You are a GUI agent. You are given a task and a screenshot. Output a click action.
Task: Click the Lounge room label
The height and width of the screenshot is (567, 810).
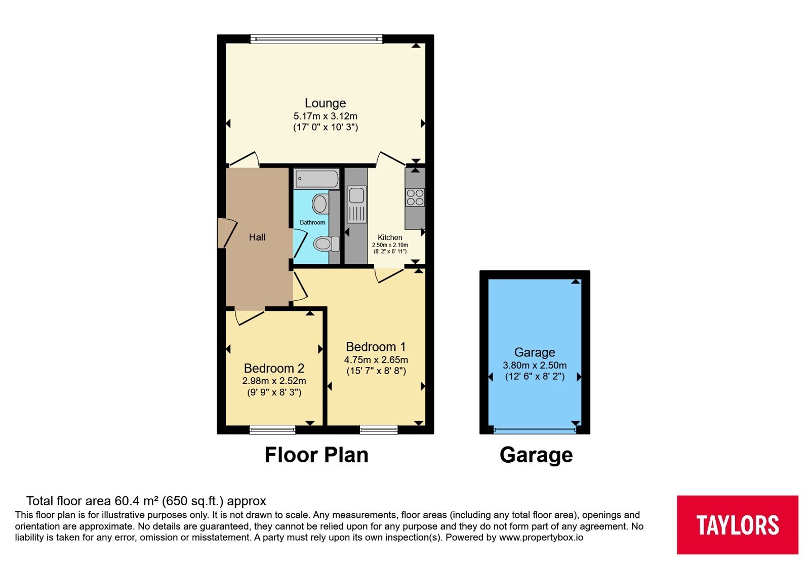325,103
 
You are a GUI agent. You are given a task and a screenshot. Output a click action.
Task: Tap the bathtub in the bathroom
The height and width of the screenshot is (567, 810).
317,179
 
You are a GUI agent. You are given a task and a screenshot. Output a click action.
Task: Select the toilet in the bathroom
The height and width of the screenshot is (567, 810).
326,244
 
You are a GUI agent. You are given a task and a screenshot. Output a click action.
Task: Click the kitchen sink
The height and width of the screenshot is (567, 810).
356,204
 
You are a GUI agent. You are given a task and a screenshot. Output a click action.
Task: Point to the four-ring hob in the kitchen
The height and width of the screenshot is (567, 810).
415,197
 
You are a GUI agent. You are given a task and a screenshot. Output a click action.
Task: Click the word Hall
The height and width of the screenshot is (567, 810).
257,237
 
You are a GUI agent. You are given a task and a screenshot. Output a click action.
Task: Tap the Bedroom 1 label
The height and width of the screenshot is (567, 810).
376,347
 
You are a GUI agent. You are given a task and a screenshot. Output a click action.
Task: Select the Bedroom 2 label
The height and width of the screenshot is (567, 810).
274,368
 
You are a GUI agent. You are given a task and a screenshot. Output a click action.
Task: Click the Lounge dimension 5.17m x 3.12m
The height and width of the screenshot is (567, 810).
326,116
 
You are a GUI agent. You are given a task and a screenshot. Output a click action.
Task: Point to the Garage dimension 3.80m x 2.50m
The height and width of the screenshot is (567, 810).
535,365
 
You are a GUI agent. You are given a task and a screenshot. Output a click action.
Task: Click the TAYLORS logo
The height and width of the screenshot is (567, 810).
737,524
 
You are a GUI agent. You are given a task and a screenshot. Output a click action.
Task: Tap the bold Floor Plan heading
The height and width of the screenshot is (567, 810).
316,455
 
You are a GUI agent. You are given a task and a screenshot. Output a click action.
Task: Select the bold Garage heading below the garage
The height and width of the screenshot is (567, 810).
536,455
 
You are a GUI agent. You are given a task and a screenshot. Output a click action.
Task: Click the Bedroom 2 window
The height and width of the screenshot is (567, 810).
272,430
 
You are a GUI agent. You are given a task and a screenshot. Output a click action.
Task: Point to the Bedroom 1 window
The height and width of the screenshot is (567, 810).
379,430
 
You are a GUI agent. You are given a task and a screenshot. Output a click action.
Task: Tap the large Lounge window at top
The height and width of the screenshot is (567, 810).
316,38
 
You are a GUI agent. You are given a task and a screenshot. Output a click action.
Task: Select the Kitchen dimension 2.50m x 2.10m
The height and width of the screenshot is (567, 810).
390,245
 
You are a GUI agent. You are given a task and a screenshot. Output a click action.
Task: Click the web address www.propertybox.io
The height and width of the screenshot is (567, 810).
541,537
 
